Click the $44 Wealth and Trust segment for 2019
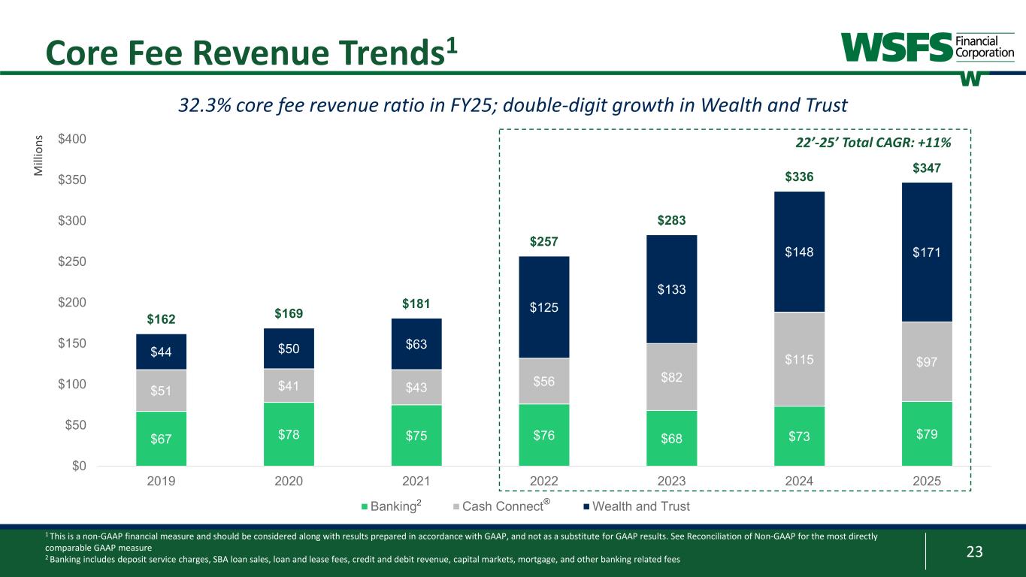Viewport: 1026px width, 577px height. (161, 352)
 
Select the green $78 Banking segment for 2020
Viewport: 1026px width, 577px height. (289, 434)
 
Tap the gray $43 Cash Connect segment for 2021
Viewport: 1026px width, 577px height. (416, 387)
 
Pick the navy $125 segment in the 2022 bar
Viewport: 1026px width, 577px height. (543, 307)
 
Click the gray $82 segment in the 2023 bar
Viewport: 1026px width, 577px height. (671, 376)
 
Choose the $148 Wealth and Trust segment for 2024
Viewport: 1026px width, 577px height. (799, 252)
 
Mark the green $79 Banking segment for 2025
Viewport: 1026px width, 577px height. (927, 434)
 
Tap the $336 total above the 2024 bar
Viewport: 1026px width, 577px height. (799, 177)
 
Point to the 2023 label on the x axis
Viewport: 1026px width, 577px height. (671, 481)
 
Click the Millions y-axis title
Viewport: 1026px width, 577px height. (40, 156)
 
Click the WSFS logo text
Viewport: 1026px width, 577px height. (895, 47)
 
